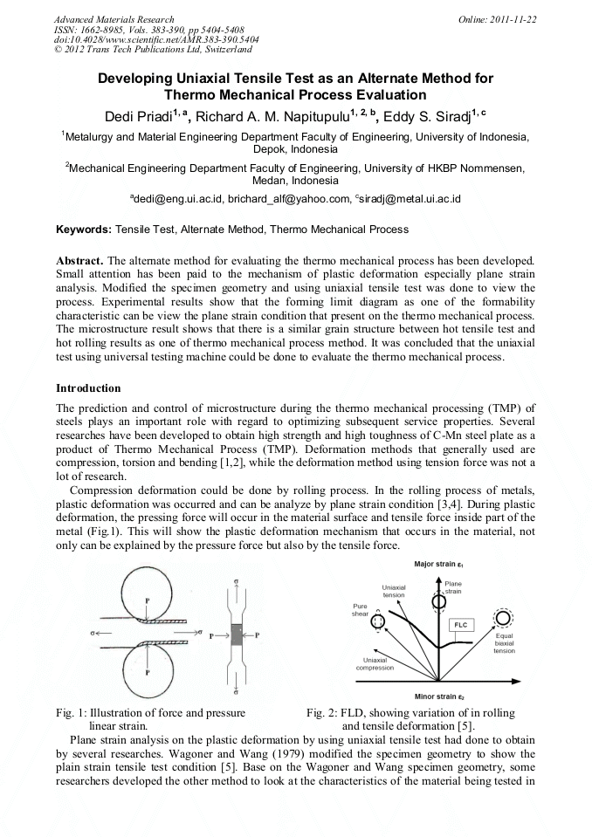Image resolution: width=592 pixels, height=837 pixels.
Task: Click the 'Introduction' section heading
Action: pyautogui.click(x=88, y=388)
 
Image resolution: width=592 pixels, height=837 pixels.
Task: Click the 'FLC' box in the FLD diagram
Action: pyautogui.click(x=461, y=625)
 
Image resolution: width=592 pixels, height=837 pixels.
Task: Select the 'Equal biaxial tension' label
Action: pyautogui.click(x=504, y=642)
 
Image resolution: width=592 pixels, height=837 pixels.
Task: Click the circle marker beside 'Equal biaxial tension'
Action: pyautogui.click(x=503, y=619)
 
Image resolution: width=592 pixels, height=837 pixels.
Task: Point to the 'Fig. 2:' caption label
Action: pyautogui.click(x=321, y=714)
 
